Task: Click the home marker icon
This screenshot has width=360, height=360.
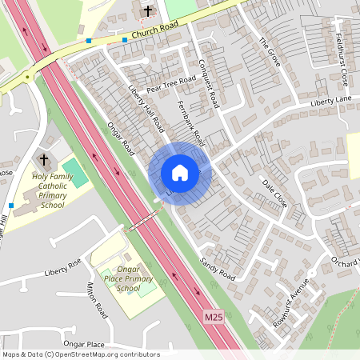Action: tap(179, 172)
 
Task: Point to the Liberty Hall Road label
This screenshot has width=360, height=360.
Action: tap(146, 108)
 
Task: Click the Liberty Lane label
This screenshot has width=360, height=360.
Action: tap(331, 101)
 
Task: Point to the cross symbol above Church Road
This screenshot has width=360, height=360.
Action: tap(147, 10)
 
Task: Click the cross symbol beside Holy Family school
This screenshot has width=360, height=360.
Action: tap(42, 159)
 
